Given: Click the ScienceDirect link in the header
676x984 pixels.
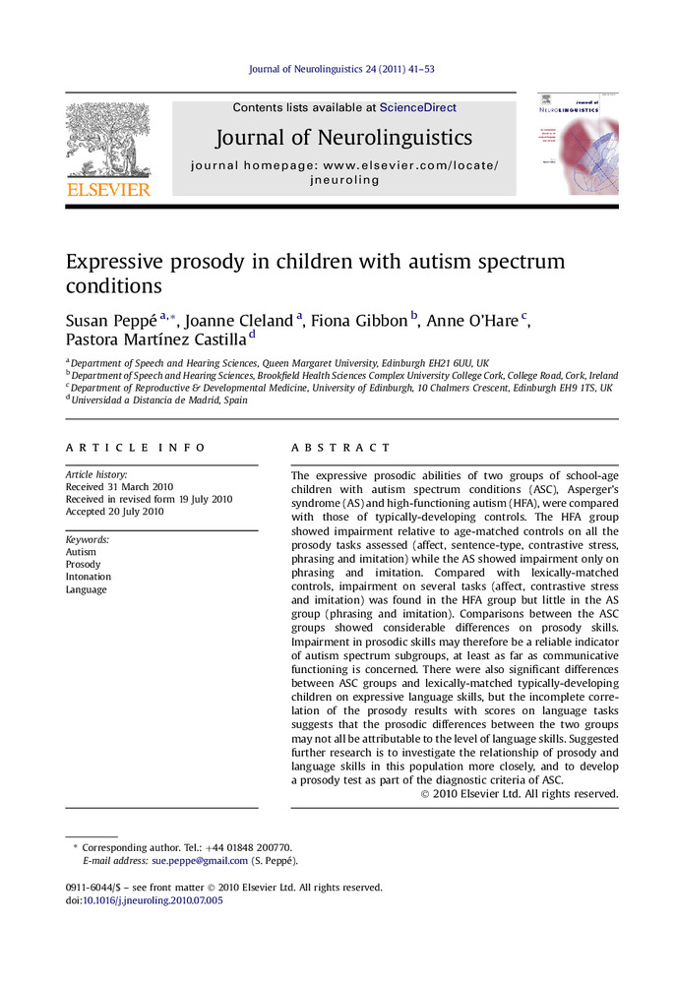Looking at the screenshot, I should (419, 108).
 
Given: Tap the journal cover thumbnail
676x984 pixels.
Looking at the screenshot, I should (578, 145).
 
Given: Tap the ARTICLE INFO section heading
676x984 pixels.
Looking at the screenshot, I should (137, 448).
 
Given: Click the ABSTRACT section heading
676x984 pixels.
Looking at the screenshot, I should (340, 448).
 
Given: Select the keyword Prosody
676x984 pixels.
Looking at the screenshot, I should (83, 565).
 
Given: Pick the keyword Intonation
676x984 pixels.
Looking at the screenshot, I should (89, 578).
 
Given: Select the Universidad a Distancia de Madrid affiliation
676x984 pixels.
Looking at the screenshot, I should (160, 400).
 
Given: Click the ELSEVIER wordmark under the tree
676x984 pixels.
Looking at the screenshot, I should (108, 189).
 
